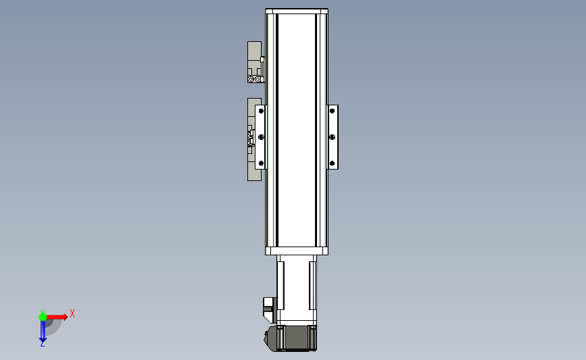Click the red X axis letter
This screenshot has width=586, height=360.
click(x=72, y=313)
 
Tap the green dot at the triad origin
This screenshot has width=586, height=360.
click(x=43, y=317)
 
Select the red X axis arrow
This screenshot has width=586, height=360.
click(x=57, y=317)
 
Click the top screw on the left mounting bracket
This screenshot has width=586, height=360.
click(x=261, y=111)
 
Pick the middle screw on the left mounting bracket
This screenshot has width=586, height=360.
click(x=262, y=137)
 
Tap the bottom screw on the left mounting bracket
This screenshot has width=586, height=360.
click(x=261, y=163)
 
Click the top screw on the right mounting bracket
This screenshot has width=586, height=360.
click(x=333, y=111)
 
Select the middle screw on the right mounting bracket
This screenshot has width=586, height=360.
click(x=333, y=137)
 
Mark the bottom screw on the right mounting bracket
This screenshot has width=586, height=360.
click(x=333, y=163)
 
